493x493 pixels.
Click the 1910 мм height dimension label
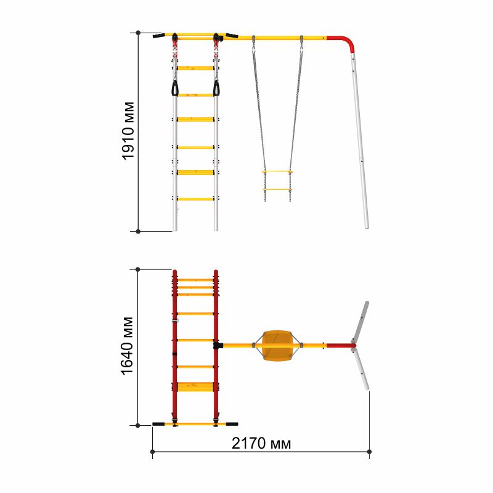point(128,131)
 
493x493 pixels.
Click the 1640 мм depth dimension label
point(127,346)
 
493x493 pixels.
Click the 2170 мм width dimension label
point(261,443)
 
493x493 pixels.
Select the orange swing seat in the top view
point(277,345)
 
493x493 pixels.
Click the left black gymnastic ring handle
point(174,88)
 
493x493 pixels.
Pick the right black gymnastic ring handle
point(216,88)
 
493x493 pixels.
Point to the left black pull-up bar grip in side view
point(159,36)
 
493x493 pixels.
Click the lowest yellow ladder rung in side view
point(195,199)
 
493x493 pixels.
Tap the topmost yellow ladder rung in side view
point(195,68)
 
